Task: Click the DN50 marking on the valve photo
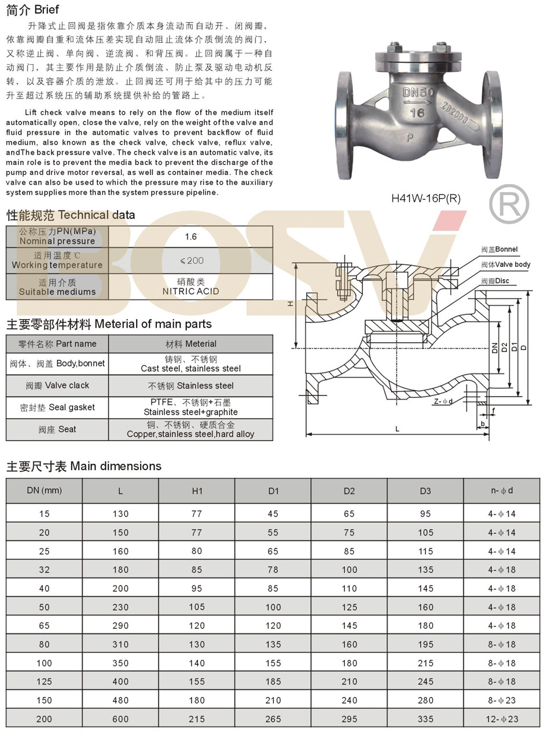coord(417,93)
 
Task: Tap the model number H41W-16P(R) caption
coord(426,198)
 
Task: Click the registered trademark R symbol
coord(509,204)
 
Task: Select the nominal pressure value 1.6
coord(190,237)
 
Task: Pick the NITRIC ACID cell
coord(190,287)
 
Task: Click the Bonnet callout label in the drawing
coord(499,249)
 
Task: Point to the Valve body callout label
coord(506,265)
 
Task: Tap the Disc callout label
coord(495,281)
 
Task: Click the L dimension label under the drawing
coord(398,429)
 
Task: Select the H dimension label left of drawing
coord(291,304)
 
